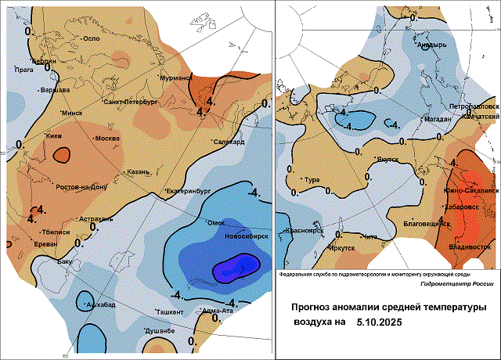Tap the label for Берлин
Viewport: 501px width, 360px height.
[x=43, y=61]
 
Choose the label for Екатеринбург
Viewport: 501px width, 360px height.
[x=189, y=191]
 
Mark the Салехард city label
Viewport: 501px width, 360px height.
[x=229, y=142]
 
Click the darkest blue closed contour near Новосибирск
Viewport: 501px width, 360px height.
[x=236, y=268]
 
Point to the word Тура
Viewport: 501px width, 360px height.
[x=312, y=181]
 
